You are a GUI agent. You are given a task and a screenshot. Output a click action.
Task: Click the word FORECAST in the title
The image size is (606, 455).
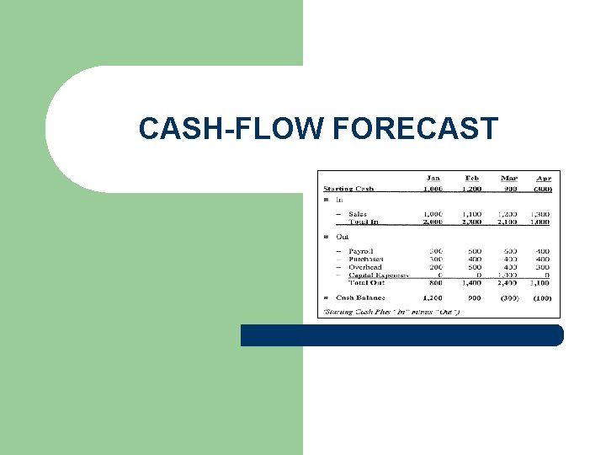(416, 129)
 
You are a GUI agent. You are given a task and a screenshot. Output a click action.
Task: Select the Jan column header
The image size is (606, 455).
(433, 179)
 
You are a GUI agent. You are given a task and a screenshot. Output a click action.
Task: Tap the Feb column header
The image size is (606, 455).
(472, 179)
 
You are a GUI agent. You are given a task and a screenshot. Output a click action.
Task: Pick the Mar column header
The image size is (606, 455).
(509, 179)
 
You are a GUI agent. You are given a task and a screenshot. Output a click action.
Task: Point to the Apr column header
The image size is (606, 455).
(544, 179)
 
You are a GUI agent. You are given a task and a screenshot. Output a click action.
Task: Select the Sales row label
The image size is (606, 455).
(357, 214)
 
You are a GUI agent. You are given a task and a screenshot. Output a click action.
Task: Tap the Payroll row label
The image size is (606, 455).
(359, 251)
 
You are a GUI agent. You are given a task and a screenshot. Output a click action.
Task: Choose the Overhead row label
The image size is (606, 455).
(364, 267)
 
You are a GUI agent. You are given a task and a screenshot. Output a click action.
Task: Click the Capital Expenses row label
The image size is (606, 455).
(379, 275)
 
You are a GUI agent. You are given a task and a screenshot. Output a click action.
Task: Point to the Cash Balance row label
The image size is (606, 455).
(360, 297)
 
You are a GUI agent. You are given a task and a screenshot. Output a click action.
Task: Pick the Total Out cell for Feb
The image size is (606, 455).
(472, 283)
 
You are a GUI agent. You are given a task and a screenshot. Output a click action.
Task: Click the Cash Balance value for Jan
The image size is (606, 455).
(433, 297)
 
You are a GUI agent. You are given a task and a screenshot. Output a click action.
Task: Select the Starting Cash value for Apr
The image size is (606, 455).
(543, 189)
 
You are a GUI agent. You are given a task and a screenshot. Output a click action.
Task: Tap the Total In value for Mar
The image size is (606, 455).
(508, 222)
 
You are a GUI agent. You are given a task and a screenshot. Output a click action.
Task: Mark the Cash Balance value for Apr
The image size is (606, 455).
(542, 297)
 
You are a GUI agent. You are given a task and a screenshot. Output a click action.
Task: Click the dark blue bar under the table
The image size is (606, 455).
(401, 335)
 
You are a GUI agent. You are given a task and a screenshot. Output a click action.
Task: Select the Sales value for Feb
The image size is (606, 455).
(472, 214)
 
